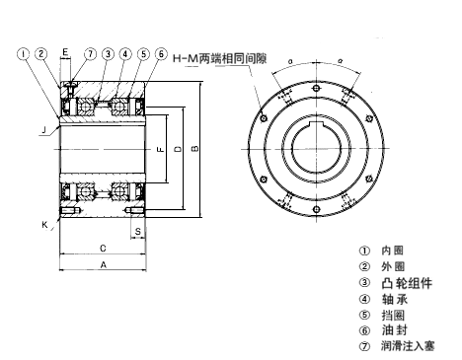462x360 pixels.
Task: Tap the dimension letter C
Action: coord(103,248)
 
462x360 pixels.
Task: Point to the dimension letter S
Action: coord(139,232)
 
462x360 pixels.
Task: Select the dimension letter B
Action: coord(194,149)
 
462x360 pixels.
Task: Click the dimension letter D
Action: coord(178,149)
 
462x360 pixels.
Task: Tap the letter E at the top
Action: coord(65,50)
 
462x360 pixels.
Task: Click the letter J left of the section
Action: coord(44,128)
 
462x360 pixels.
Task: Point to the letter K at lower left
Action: coord(45,224)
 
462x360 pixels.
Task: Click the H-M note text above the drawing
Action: coord(219,60)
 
